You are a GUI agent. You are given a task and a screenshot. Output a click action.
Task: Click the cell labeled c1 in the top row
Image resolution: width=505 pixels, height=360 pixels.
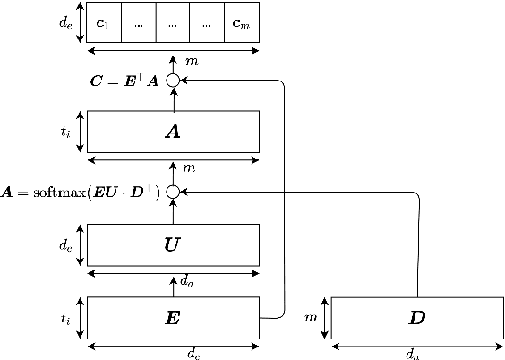(x=104, y=23)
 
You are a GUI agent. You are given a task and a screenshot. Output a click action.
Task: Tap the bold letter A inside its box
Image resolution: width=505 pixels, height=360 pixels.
(x=173, y=132)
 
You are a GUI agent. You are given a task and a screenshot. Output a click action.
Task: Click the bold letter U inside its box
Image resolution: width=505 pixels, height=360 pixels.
(x=173, y=244)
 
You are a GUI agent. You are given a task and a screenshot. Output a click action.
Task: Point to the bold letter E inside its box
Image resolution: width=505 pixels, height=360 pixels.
(x=173, y=317)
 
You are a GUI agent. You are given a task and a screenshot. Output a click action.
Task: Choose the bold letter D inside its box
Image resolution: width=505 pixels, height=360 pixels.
(x=417, y=317)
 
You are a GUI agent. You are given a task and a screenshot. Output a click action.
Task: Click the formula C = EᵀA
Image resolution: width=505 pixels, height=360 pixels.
(x=125, y=81)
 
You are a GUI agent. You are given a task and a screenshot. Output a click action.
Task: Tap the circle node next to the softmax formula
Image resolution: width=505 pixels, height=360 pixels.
(x=173, y=192)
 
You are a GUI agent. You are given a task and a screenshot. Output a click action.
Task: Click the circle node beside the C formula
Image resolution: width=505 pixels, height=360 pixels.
(x=173, y=81)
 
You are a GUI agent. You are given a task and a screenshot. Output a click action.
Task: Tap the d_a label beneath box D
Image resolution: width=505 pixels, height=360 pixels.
(x=412, y=354)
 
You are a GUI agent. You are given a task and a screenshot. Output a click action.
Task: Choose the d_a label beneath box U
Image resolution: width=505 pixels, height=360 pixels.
(x=186, y=280)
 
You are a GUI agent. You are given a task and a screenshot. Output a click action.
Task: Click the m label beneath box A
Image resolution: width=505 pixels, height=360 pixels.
(x=189, y=168)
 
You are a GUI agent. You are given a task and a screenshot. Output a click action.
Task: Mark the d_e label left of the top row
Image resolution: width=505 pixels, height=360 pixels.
(x=64, y=23)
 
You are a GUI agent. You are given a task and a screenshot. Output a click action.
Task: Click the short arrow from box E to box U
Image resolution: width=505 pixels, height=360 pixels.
(x=173, y=285)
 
